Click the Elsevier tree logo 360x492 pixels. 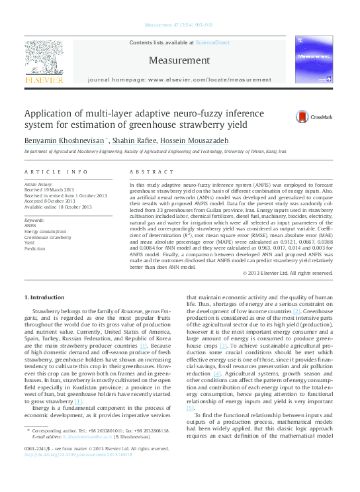click(44, 62)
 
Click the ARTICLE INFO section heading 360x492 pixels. click(54, 171)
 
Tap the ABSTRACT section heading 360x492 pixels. click(146, 171)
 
